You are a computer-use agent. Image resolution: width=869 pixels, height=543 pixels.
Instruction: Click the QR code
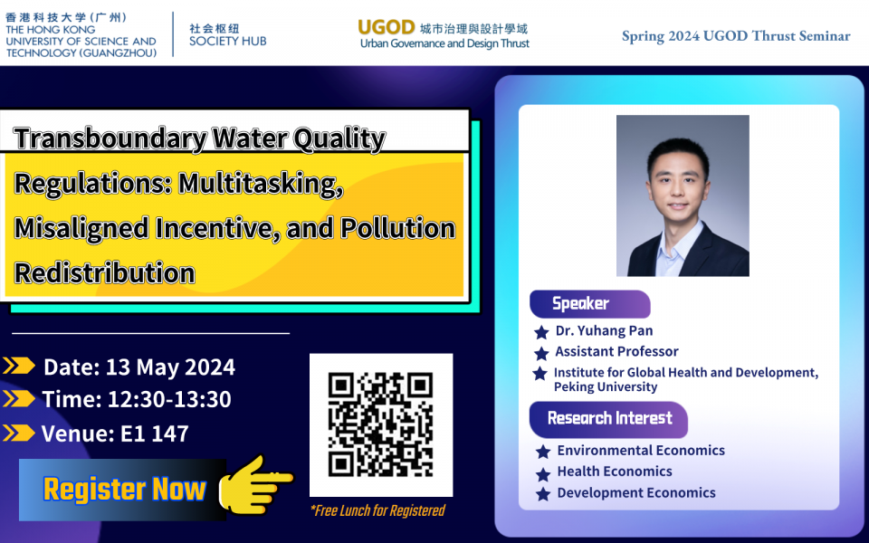[x=381, y=424]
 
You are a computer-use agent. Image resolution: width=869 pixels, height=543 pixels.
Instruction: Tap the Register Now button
[x=122, y=490]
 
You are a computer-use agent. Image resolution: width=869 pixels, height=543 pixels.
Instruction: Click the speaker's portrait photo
[x=683, y=195]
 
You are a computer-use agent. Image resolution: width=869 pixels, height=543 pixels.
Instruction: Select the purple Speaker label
[x=589, y=304]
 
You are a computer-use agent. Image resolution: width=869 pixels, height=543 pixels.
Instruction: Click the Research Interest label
[x=608, y=419]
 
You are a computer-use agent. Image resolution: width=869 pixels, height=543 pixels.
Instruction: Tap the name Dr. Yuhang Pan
[x=604, y=331]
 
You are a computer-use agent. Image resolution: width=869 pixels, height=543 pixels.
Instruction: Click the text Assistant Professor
[x=616, y=351]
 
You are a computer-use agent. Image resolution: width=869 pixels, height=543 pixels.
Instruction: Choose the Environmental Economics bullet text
[x=641, y=450]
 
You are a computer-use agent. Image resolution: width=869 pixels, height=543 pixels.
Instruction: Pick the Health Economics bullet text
[x=615, y=471]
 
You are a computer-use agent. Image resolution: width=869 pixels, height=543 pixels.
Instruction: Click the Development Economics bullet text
[x=636, y=492]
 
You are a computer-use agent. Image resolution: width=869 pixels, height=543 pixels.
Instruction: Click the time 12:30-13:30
[x=169, y=399]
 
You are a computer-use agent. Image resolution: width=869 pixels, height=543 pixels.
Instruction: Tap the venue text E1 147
[x=155, y=433]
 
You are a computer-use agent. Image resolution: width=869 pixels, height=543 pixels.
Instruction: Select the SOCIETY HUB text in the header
[x=228, y=41]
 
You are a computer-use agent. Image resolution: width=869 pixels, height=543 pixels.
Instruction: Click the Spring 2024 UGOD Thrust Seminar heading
[x=735, y=36]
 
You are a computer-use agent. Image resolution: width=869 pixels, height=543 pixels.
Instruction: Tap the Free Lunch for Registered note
[x=377, y=510]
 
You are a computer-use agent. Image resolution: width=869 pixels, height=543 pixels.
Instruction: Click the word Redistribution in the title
[x=105, y=272]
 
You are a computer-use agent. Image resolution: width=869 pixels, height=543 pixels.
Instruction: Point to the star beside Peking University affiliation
[x=540, y=374]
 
